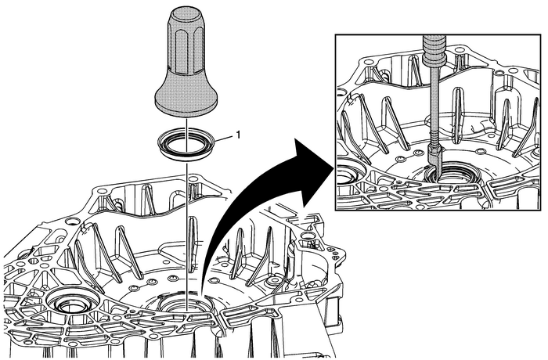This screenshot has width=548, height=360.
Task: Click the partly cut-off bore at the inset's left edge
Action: coord(344,171)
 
